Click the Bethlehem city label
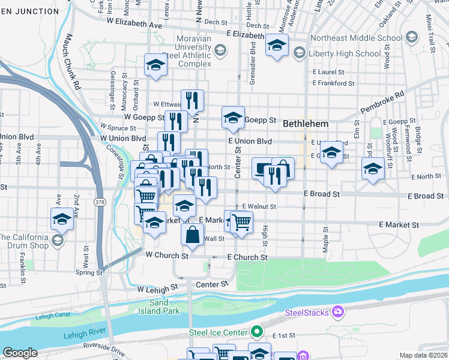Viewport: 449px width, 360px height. [x=306, y=123]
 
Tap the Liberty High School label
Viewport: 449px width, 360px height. [x=344, y=53]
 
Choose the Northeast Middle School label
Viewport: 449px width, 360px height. [x=357, y=38]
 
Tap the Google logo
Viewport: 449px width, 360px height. [x=20, y=352]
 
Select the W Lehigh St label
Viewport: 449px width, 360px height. [x=158, y=289]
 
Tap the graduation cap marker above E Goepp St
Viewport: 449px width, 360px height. [x=233, y=117]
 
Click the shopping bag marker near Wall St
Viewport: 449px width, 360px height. [x=192, y=233]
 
